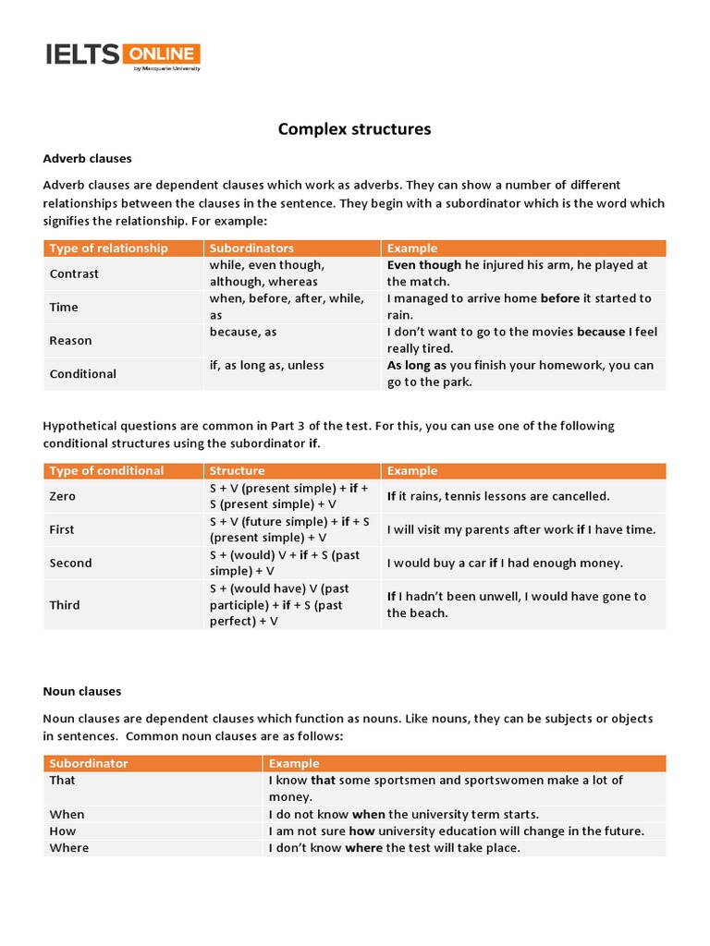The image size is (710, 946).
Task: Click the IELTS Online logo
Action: point(122,56)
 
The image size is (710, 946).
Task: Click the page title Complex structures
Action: point(354,129)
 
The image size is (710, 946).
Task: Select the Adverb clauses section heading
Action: point(87,158)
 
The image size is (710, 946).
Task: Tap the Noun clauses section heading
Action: point(81,691)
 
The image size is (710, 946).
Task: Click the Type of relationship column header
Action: point(108,248)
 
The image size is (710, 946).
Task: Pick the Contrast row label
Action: point(74,273)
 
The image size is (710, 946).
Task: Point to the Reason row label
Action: point(70,340)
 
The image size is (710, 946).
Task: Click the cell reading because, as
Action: point(242,332)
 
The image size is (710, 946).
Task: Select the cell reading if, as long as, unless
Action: point(266,365)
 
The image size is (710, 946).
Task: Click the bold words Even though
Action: point(423,265)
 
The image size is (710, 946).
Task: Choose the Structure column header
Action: point(237,470)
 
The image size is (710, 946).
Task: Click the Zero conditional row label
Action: point(62,496)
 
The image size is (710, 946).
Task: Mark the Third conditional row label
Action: point(64,605)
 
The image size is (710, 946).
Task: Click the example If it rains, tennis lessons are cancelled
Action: point(498,496)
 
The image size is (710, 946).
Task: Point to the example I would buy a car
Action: point(505,563)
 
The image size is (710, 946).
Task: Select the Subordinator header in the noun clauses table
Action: point(89,763)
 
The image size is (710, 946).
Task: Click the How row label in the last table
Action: point(64,831)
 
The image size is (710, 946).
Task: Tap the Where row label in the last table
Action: point(68,847)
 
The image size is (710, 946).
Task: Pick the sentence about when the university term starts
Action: point(403,814)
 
